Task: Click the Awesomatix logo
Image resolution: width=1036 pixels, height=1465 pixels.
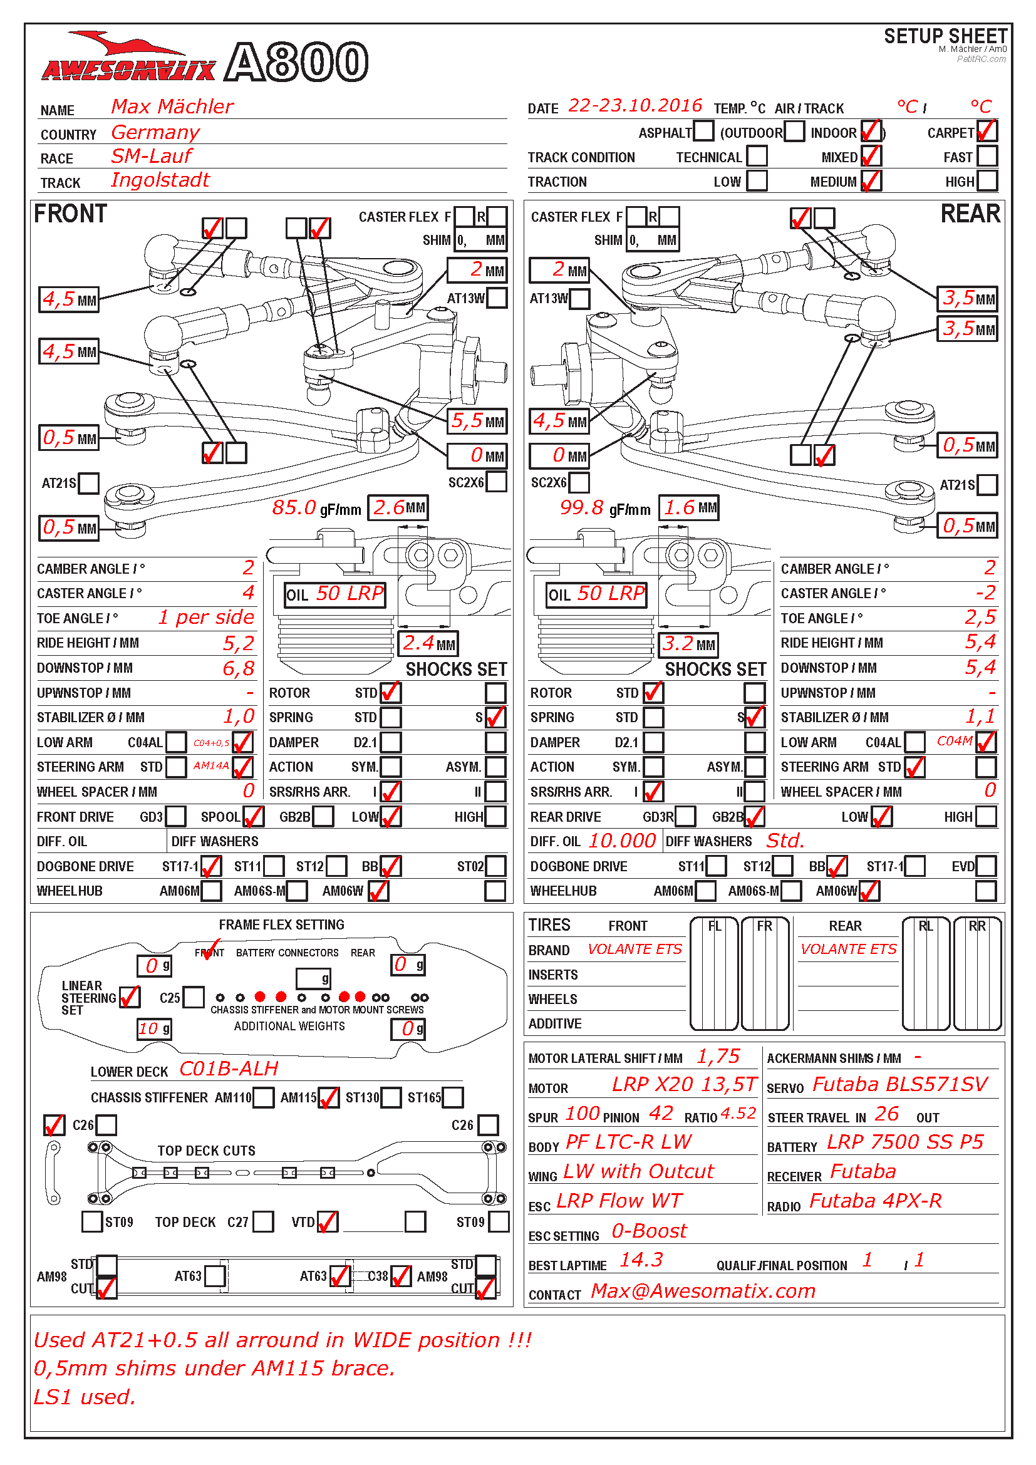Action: (x=128, y=61)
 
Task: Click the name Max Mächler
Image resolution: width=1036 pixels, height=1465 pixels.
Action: (x=172, y=106)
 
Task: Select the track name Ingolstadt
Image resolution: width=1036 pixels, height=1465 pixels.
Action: (x=160, y=180)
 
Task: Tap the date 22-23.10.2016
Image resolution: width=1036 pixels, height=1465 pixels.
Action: (x=635, y=105)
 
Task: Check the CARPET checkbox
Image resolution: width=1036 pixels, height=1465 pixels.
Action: (x=987, y=132)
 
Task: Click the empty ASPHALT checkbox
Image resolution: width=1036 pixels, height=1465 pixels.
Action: (x=703, y=132)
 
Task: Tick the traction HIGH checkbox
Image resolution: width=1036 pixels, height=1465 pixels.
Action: (x=987, y=181)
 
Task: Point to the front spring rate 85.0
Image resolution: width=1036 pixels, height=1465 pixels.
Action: (x=294, y=508)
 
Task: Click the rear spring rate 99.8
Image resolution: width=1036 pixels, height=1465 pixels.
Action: (x=581, y=508)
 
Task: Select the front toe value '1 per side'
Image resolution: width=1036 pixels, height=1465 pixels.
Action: (x=206, y=617)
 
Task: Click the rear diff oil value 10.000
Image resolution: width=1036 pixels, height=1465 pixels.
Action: (x=622, y=841)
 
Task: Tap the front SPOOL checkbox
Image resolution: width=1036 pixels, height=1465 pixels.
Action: (x=252, y=816)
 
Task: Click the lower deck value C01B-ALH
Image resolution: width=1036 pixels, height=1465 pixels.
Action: (x=229, y=1069)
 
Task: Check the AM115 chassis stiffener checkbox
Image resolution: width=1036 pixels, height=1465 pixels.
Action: (x=329, y=1097)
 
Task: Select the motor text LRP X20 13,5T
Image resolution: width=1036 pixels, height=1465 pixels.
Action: (x=684, y=1085)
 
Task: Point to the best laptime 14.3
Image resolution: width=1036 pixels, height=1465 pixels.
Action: (x=641, y=1260)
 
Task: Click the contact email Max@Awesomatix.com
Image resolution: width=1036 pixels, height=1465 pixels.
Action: (x=703, y=1291)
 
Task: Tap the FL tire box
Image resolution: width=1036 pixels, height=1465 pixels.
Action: (x=714, y=974)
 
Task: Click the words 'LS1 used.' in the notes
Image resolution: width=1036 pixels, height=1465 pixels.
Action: (x=84, y=1397)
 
